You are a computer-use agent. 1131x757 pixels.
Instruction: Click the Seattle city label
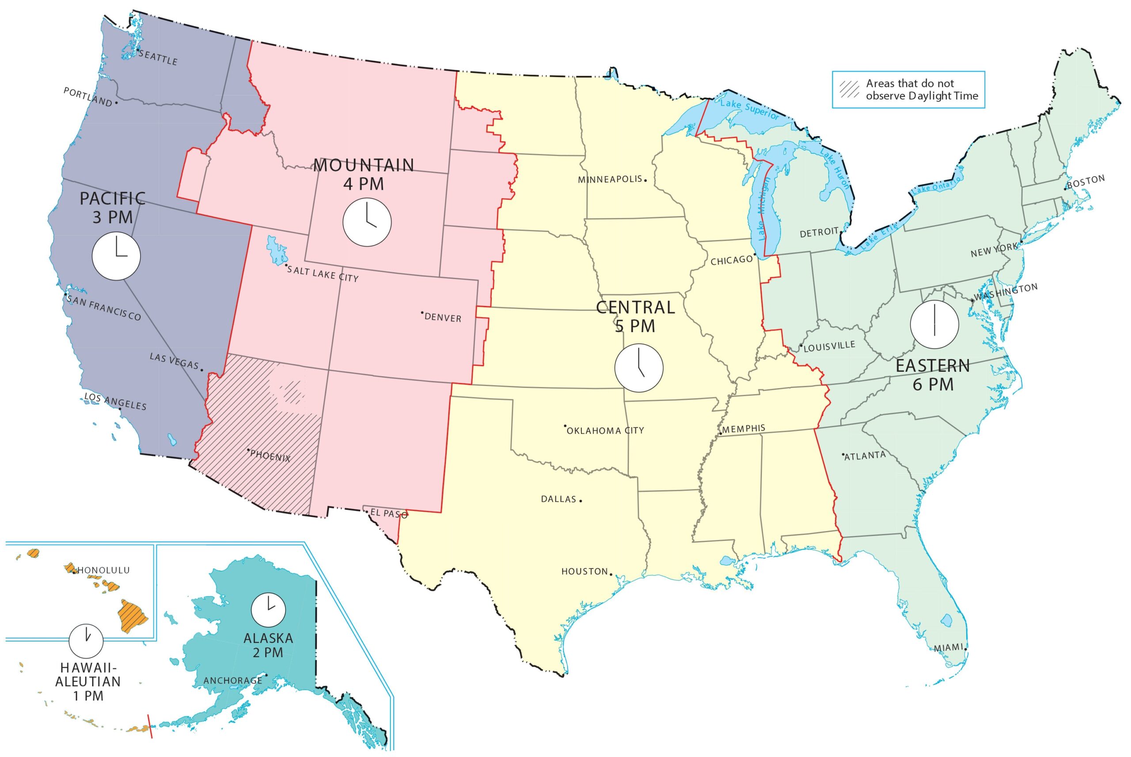click(158, 57)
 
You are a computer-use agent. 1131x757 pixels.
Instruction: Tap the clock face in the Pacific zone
click(116, 256)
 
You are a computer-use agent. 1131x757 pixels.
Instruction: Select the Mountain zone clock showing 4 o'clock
click(367, 222)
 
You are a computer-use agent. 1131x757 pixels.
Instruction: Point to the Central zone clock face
click(638, 367)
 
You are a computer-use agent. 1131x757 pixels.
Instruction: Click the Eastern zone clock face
click(934, 325)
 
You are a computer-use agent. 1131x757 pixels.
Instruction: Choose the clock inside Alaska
click(268, 610)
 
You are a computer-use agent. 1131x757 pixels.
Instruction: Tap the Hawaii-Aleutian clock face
click(86, 641)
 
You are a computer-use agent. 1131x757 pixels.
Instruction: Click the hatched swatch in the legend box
click(849, 89)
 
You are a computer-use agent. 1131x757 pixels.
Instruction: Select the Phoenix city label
click(270, 456)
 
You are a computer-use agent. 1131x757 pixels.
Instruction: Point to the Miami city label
click(948, 648)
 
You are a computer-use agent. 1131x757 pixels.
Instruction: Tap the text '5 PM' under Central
click(635, 326)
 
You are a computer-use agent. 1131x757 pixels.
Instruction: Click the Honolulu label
click(104, 570)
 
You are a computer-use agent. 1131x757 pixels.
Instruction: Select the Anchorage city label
click(232, 681)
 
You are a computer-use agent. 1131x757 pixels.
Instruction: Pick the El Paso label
click(389, 514)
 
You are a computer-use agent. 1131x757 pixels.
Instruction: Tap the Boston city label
click(1086, 182)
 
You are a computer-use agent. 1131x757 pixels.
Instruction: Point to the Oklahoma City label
click(605, 430)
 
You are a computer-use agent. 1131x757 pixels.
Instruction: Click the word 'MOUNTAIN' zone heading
click(364, 165)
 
